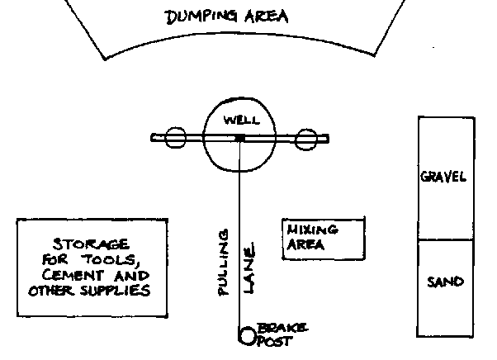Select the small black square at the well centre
239,138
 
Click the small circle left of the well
173,139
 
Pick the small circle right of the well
307,139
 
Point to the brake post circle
247,335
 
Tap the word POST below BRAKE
275,340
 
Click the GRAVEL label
443,178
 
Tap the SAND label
444,282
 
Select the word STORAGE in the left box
90,245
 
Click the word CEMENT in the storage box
70,277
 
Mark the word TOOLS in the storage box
103,261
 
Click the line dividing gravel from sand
445,240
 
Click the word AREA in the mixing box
304,245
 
